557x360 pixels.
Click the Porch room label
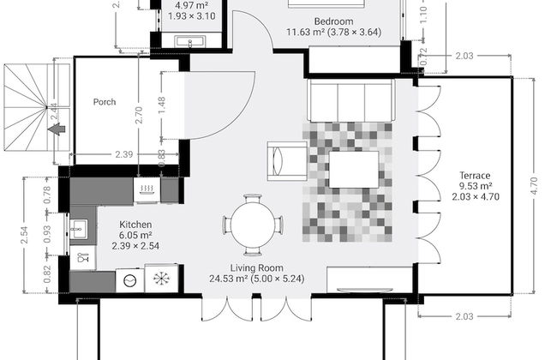click(x=105, y=102)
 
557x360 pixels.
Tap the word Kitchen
click(x=135, y=224)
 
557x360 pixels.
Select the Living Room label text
click(x=256, y=267)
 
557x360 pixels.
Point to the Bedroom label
click(x=333, y=21)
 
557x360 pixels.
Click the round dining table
click(x=254, y=225)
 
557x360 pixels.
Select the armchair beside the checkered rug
click(x=284, y=161)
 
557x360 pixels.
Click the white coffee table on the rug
click(x=355, y=170)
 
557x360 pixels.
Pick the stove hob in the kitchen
click(x=147, y=189)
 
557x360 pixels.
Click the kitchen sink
click(x=80, y=229)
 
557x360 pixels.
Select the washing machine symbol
click(x=129, y=279)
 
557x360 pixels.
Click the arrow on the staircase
click(x=57, y=129)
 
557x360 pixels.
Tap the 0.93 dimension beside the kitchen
click(x=47, y=232)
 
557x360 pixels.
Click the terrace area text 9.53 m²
click(x=474, y=186)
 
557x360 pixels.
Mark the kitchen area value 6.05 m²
click(x=135, y=235)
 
